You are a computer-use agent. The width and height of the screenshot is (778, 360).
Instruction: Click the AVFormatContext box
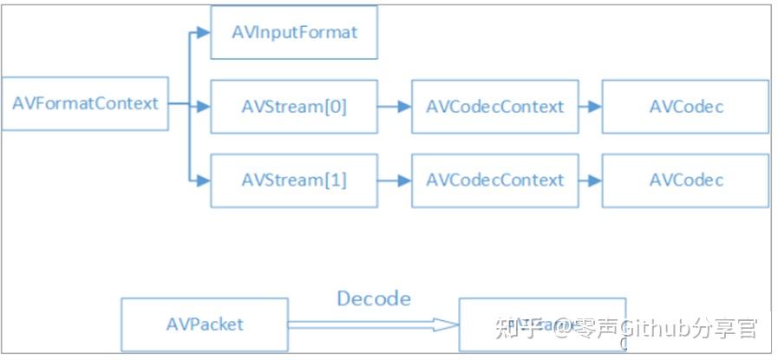(x=85, y=104)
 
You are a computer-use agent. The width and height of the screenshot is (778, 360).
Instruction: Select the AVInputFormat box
(x=294, y=33)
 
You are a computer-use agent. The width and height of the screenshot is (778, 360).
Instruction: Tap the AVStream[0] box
(x=294, y=107)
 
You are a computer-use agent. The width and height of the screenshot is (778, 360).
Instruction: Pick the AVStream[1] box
(x=294, y=180)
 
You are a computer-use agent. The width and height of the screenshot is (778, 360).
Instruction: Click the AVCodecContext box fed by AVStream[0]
(x=494, y=107)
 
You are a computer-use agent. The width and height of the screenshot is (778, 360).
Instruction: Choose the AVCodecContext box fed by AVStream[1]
(x=494, y=180)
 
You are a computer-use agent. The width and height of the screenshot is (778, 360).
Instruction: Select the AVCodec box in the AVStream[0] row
(x=685, y=107)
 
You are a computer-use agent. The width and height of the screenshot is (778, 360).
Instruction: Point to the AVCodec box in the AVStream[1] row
(x=685, y=180)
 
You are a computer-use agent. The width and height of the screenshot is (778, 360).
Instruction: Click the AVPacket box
(x=204, y=324)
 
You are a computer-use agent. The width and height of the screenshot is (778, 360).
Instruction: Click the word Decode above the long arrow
(x=373, y=298)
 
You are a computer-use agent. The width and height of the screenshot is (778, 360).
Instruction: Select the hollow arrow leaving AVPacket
(x=373, y=325)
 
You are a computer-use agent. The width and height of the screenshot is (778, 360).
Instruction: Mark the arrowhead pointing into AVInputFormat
(x=203, y=33)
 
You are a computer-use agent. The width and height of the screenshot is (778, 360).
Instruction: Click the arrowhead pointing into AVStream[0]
(x=203, y=107)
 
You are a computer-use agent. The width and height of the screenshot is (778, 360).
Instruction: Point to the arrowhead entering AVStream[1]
(x=203, y=180)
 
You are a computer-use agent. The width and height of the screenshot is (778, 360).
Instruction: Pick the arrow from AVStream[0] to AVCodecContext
(x=395, y=107)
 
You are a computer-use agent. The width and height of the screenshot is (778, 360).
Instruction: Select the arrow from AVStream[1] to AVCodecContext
(x=395, y=180)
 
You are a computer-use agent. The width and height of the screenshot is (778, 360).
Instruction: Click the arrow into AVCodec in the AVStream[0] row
(x=591, y=107)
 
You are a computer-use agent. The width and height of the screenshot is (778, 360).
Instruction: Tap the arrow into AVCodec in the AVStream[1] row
(x=591, y=180)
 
